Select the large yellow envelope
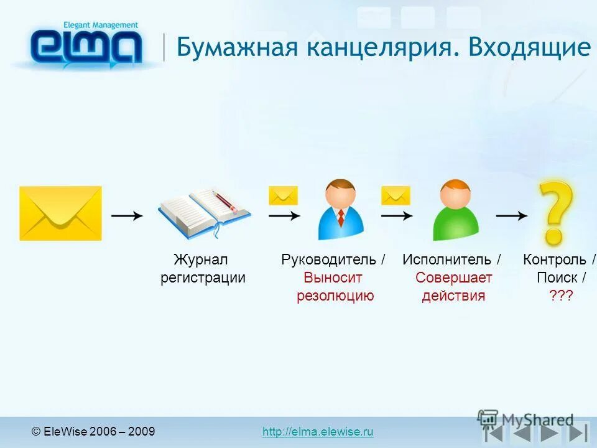click(60, 213)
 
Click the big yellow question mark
click(555, 212)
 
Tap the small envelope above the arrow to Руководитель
click(283, 195)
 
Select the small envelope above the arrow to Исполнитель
click(396, 195)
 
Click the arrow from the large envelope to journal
click(127, 215)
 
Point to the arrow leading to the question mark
click(511, 215)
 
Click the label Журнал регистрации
click(203, 268)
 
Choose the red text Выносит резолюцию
click(335, 287)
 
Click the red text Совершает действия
click(453, 287)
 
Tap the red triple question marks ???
click(560, 296)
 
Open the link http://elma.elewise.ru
click(318, 432)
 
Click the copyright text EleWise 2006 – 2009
click(93, 432)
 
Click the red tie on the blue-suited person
click(341, 218)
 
